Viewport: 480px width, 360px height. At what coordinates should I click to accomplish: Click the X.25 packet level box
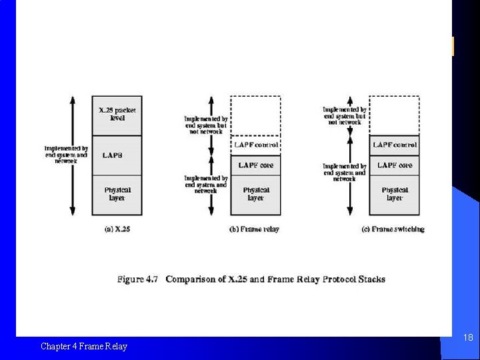pyautogui.click(x=117, y=115)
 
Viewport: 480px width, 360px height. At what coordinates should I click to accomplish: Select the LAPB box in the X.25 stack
pyautogui.click(x=117, y=155)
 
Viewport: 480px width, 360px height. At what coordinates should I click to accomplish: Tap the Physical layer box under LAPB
pyautogui.click(x=117, y=195)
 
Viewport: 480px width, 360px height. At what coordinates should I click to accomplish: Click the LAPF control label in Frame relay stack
pyautogui.click(x=256, y=145)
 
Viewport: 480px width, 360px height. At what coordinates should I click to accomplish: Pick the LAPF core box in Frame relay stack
pyautogui.click(x=256, y=165)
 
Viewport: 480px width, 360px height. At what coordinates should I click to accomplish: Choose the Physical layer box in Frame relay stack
pyautogui.click(x=256, y=195)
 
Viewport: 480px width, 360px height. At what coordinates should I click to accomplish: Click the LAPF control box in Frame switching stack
pyautogui.click(x=395, y=145)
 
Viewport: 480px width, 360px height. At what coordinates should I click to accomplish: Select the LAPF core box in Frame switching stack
pyautogui.click(x=395, y=165)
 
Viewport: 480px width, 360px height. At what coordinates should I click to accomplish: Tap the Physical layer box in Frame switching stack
pyautogui.click(x=395, y=195)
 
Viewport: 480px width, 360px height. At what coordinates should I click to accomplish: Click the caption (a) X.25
pyautogui.click(x=117, y=229)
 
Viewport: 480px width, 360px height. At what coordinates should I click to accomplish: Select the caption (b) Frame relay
pyautogui.click(x=254, y=229)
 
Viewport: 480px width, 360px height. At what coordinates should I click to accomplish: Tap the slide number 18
pyautogui.click(x=468, y=338)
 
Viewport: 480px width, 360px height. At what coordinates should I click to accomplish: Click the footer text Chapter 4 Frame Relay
pyautogui.click(x=83, y=346)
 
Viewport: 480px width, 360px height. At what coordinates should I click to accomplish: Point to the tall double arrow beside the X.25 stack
pyautogui.click(x=73, y=155)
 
